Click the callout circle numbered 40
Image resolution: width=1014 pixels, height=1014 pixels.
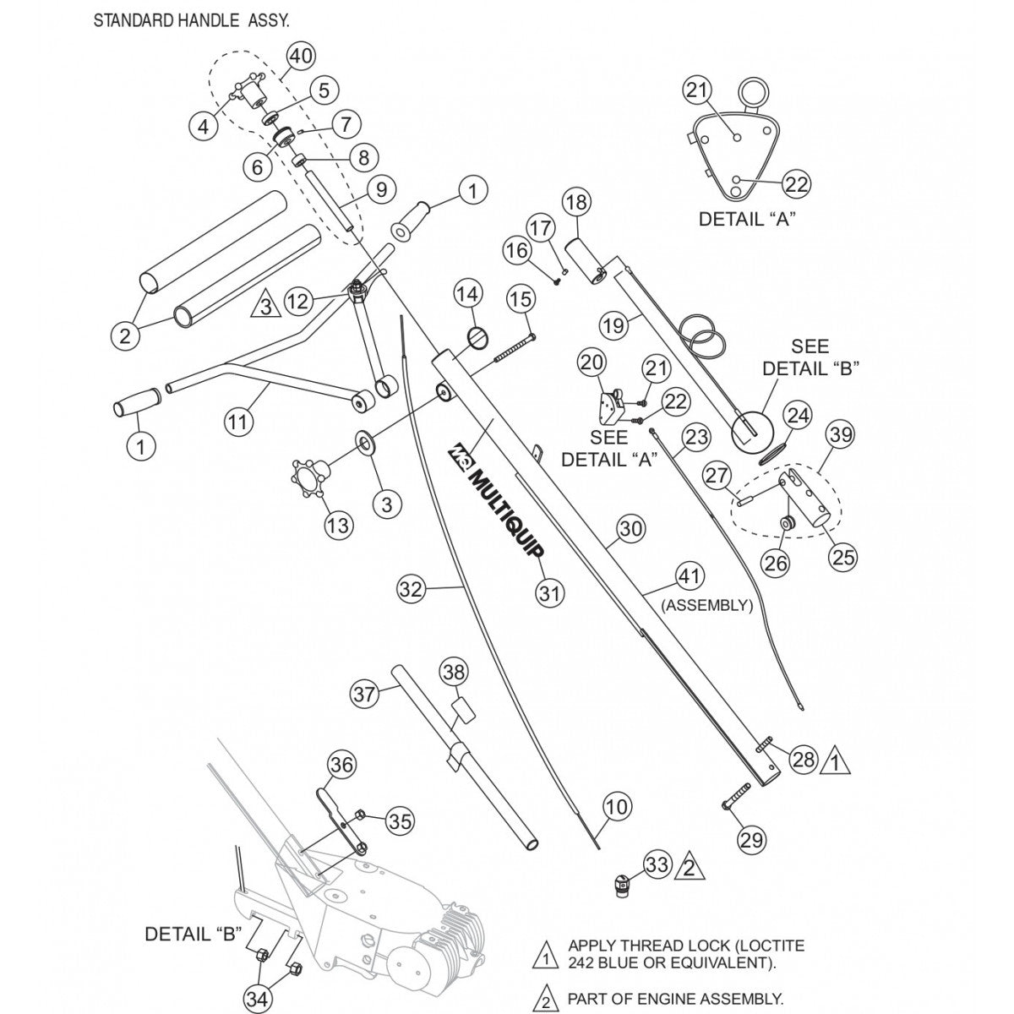point(301,57)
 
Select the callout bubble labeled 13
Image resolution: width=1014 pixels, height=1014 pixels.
point(337,526)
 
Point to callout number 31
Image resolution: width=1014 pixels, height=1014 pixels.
point(550,593)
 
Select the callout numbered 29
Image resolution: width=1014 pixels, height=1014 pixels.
point(751,840)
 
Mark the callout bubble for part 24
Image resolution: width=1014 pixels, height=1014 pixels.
point(798,415)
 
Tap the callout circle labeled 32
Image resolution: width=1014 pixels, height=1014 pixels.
point(411,589)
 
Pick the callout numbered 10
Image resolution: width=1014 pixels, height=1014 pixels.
point(617,807)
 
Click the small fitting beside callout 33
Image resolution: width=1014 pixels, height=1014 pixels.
point(622,888)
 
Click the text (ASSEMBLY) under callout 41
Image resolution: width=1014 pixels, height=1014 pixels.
point(706,605)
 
